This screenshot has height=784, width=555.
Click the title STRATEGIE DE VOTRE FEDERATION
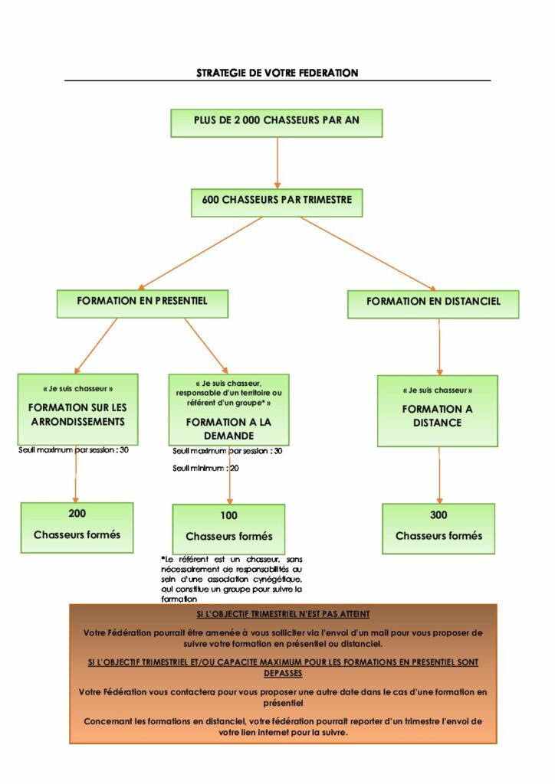[x=277, y=73]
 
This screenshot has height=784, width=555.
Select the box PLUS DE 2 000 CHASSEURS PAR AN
[x=276, y=122]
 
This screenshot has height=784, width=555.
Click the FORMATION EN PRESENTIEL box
[x=142, y=303]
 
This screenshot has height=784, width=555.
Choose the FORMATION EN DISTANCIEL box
[x=433, y=303]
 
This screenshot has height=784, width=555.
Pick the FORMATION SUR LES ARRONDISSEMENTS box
[x=77, y=410]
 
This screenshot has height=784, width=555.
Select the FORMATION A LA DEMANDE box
[x=228, y=410]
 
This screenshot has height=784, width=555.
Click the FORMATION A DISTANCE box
[x=437, y=411]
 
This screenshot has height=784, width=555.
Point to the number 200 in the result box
[x=77, y=514]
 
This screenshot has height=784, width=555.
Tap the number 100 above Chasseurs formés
[x=228, y=515]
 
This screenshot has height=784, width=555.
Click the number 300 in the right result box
[x=438, y=515]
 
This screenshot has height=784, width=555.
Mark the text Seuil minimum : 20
[x=205, y=468]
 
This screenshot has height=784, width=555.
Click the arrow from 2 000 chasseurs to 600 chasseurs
[x=277, y=162]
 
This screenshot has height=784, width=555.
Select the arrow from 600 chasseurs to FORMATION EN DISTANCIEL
[x=368, y=253]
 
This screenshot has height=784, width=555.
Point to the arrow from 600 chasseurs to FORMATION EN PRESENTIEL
[x=201, y=253]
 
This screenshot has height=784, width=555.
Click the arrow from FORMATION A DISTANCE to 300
[x=439, y=475]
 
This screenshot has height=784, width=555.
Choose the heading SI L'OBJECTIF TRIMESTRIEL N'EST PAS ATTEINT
[x=283, y=615]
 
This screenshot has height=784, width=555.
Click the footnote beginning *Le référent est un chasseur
[x=232, y=579]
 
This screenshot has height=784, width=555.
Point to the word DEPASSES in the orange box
[x=283, y=674]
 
